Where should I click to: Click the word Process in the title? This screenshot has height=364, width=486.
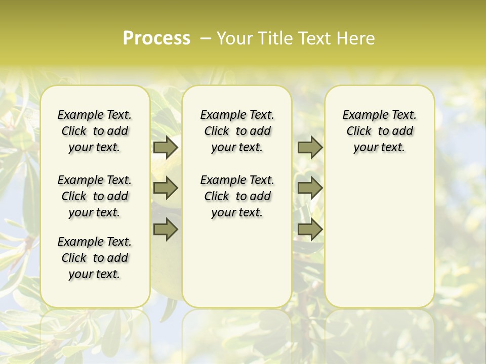point(156,38)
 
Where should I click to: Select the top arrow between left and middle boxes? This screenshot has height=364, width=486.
point(166,147)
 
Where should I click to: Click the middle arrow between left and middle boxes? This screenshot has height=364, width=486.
point(166,188)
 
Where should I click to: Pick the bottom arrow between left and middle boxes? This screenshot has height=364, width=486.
point(166,229)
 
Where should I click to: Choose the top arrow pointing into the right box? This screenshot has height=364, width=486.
point(310,147)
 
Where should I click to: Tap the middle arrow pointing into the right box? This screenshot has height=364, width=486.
point(310,188)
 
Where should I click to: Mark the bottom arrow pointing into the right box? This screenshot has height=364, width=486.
point(310,229)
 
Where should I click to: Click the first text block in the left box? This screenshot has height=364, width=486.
point(95,131)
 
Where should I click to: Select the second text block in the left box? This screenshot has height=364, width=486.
point(95,196)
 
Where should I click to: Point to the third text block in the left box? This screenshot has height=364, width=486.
point(95,258)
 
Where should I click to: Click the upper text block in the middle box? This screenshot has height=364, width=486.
point(237,131)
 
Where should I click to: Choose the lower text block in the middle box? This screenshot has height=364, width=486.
point(237,196)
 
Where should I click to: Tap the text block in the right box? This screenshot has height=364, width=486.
point(380,131)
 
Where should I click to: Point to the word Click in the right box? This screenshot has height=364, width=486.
point(359,131)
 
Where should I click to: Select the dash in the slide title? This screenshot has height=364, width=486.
point(206,38)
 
